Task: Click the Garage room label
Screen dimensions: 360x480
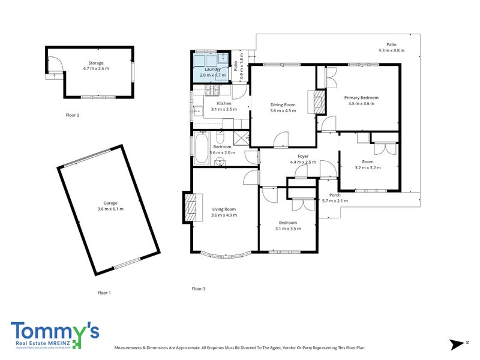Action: pos(110,203)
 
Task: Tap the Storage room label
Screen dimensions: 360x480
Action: pos(96,63)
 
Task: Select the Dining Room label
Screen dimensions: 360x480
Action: pos(283,104)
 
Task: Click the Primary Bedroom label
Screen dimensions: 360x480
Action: pos(361,97)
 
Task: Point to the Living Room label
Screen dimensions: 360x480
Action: pos(224,209)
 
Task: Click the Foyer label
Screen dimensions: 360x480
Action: pos(303,156)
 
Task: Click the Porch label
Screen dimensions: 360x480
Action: pos(335,195)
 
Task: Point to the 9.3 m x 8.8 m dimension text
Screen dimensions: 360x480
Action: pos(391,50)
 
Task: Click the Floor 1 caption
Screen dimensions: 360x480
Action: pos(104,293)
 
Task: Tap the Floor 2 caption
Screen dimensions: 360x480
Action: pos(73,115)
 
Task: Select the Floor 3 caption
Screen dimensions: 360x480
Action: pos(199,289)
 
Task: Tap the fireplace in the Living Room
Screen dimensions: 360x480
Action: pos(191,207)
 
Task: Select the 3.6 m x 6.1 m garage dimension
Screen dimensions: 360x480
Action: pos(110,209)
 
